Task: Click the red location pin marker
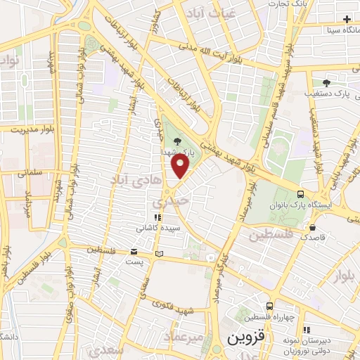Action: (x=181, y=166)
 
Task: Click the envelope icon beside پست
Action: (x=134, y=252)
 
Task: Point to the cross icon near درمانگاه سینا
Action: (x=347, y=19)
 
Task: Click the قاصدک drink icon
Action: (x=311, y=227)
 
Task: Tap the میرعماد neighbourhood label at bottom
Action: (x=182, y=337)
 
